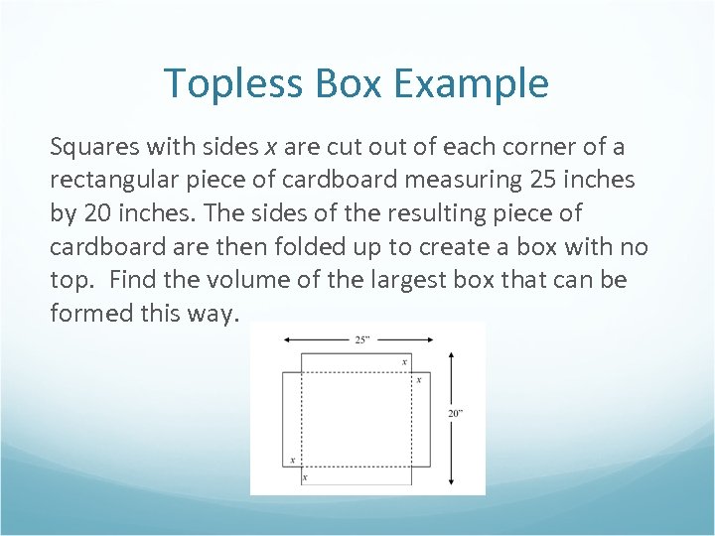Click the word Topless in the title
tap(231, 83)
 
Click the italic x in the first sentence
tap(270, 148)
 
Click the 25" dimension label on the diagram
tap(363, 339)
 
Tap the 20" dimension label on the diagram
tap(455, 414)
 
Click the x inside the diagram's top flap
tap(404, 362)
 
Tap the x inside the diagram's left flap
tap(292, 460)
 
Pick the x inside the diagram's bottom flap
tap(305, 476)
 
